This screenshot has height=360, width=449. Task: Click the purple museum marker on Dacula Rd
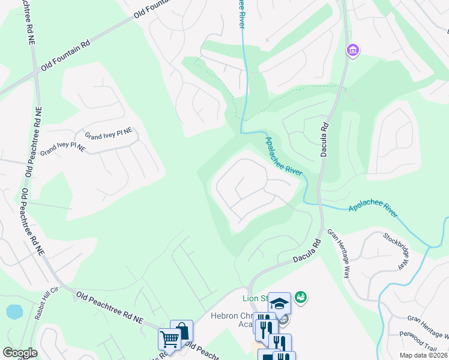[x=352, y=50]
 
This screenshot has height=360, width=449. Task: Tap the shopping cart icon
[x=169, y=339]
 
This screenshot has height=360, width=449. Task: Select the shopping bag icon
[x=182, y=331]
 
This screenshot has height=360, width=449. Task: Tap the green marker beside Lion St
[x=301, y=296]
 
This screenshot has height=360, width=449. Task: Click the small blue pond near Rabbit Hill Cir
[x=14, y=312]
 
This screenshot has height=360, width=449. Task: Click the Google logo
[x=19, y=353]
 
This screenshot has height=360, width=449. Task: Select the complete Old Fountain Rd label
[x=65, y=56]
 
